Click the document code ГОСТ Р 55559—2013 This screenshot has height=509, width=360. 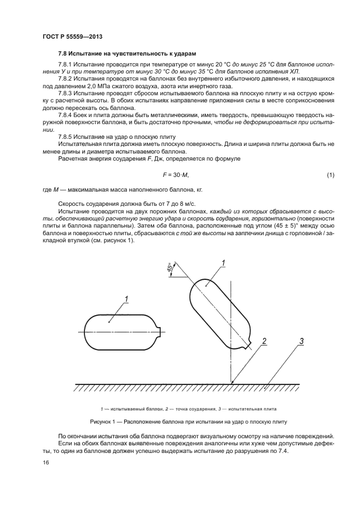click(72, 36)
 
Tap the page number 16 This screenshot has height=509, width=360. click(45, 462)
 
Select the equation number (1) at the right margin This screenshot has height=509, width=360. click(330, 174)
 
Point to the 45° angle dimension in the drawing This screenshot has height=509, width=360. click(170, 268)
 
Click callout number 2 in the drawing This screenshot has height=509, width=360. click(264, 341)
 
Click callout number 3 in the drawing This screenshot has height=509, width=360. click(301, 341)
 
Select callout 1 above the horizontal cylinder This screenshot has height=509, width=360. click(126, 298)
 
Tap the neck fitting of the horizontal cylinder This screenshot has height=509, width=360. click(160, 328)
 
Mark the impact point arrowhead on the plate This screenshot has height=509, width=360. click(232, 381)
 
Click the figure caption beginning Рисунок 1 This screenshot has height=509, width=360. click(188, 422)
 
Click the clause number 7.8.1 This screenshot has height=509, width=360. click(67, 65)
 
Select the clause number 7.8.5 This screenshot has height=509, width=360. click(67, 137)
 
